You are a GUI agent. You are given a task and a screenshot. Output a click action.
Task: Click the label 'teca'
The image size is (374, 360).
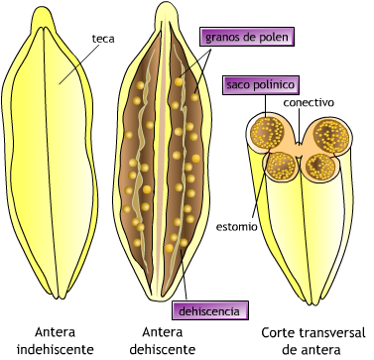coord(103,39)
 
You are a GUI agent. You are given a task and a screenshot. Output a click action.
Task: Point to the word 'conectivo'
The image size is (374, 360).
coord(309,102)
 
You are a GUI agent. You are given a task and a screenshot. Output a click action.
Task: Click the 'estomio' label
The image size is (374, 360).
coord(237,226)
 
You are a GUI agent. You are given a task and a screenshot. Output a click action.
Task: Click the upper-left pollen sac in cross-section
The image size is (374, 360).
coord(267,133)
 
